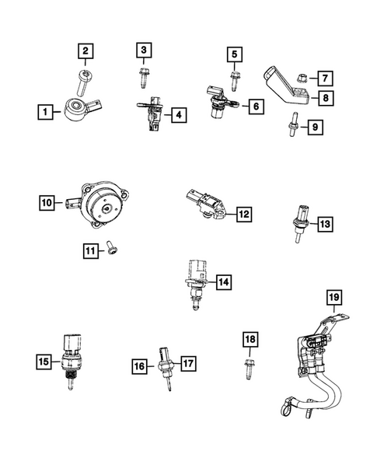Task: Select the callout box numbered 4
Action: (179, 115)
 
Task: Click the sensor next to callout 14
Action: (194, 282)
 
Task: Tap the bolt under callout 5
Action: (233, 76)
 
